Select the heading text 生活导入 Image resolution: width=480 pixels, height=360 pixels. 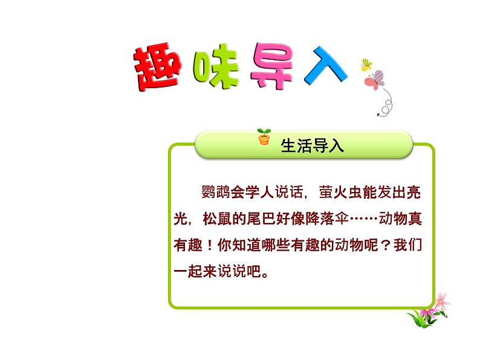coord(313,146)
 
